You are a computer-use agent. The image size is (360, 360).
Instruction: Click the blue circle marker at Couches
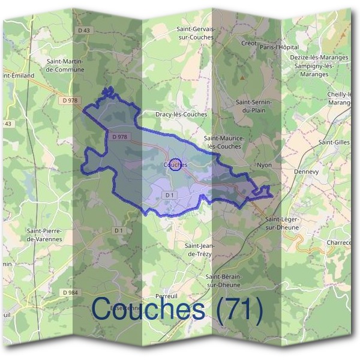click(x=175, y=164)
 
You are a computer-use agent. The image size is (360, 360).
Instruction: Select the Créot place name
click(x=248, y=43)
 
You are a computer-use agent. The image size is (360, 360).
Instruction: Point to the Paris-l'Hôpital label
click(x=280, y=47)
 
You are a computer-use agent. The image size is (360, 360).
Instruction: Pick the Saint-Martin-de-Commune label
click(x=65, y=65)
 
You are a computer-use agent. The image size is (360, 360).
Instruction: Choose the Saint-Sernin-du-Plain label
click(x=254, y=106)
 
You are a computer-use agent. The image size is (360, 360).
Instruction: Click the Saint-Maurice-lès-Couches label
click(x=224, y=142)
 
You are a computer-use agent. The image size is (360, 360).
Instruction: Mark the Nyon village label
click(x=264, y=165)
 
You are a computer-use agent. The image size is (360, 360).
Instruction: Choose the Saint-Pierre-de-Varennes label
click(x=44, y=235)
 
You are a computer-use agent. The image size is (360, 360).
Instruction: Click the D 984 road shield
click(x=70, y=292)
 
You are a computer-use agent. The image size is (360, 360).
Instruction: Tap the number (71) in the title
click(x=240, y=310)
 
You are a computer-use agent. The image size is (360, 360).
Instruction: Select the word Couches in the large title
click(x=148, y=310)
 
